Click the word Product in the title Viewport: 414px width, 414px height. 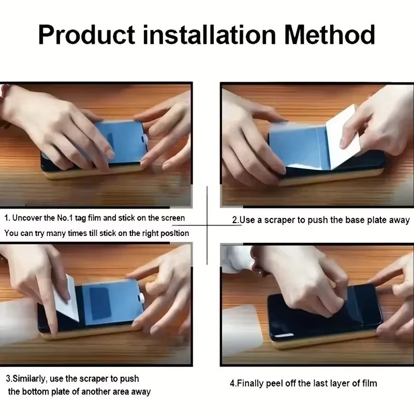click(x=86, y=35)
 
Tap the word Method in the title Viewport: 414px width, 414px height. click(x=330, y=35)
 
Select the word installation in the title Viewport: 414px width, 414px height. click(x=210, y=35)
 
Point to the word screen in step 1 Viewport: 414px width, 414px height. click(x=173, y=218)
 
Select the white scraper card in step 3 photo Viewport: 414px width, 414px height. click(x=67, y=299)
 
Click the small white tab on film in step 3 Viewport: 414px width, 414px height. click(x=141, y=298)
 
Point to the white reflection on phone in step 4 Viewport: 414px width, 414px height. click(x=285, y=336)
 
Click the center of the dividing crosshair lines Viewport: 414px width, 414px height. click(x=208, y=225)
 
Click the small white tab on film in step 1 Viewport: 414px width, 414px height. click(x=145, y=140)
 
